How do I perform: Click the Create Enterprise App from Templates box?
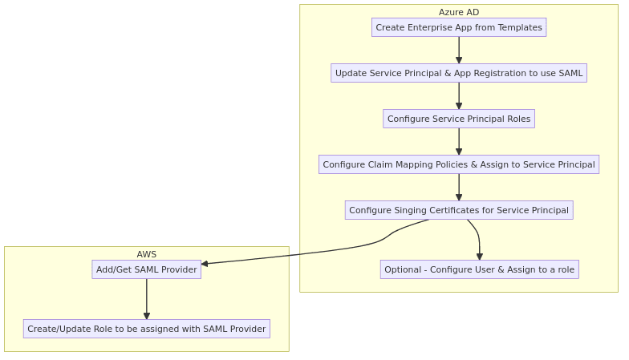coord(459,27)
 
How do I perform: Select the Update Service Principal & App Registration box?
coord(459,73)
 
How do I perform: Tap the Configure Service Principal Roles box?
coord(459,119)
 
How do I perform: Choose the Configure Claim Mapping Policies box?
coord(459,164)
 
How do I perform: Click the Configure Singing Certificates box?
coord(459,210)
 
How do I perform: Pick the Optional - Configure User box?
coord(480,269)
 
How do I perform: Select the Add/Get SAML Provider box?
coord(146,269)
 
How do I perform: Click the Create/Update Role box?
coord(146,329)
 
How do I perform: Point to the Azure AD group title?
coord(459,12)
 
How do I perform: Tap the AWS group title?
coord(146,254)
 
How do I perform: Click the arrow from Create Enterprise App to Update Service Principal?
coord(459,50)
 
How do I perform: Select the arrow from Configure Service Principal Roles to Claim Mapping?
coord(459,141)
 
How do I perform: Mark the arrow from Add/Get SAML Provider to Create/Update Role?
coord(146,299)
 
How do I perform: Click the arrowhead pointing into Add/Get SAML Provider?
coord(205,263)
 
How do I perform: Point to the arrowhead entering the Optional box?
coord(480,257)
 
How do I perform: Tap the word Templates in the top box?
coord(520,27)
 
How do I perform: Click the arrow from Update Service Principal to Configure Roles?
coord(459,96)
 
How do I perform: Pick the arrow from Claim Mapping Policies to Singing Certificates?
coord(459,188)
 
